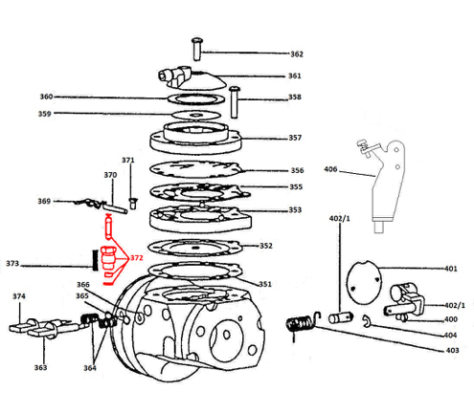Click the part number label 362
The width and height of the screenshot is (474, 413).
297,54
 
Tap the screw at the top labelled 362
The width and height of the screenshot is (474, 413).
197,49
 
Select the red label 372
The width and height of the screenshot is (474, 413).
137,257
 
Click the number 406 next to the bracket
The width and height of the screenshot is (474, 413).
330,169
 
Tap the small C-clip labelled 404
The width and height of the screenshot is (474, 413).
367,320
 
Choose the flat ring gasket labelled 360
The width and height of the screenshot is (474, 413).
196,98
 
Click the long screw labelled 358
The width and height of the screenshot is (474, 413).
235,102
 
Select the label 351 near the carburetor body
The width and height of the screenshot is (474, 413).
265,284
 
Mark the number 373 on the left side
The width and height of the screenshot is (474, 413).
12,264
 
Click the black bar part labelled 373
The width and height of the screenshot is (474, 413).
95,260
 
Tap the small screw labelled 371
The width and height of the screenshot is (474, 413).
132,204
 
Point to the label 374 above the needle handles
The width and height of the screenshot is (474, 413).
19,296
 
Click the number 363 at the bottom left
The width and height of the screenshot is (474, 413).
40,367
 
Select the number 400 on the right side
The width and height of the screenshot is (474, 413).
451,319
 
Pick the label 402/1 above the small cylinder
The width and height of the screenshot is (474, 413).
340,219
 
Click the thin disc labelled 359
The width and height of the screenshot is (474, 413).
196,115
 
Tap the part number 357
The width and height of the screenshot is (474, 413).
295,138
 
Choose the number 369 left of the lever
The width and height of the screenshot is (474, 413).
44,201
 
